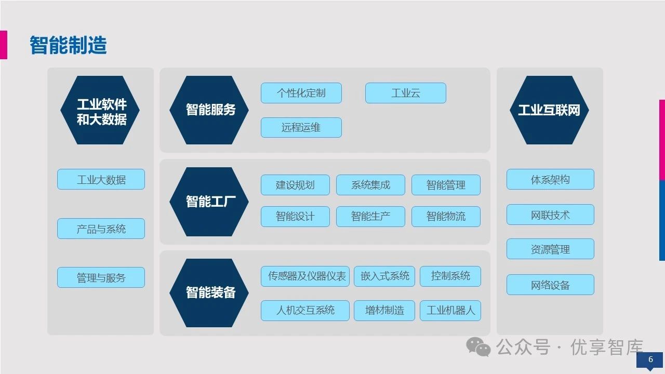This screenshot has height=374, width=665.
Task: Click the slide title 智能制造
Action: [x=68, y=45]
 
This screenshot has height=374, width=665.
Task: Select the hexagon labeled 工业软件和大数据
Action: [x=101, y=111]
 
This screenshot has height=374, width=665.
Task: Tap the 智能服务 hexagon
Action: [x=210, y=110]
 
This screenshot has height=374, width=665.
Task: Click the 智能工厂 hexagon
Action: [x=210, y=201]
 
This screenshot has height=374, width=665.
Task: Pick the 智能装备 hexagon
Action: [x=210, y=292]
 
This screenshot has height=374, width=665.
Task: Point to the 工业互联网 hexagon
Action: [x=549, y=110]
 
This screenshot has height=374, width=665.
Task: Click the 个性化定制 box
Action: [x=301, y=93]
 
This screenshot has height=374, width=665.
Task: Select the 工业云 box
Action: [x=405, y=93]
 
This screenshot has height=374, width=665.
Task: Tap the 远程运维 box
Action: [x=301, y=127]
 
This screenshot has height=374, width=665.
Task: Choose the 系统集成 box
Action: [x=370, y=185]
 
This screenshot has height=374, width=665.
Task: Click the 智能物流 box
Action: [x=446, y=217]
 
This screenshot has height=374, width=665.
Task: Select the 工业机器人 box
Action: [x=450, y=311]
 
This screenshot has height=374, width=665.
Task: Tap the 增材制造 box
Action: [x=384, y=311]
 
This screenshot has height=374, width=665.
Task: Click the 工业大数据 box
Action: [x=101, y=180]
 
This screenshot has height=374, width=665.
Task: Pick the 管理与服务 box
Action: [x=101, y=278]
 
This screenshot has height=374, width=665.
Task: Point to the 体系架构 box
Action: [x=550, y=180]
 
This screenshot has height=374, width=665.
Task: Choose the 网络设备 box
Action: [x=550, y=285]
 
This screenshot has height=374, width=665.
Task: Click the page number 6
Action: [x=650, y=359]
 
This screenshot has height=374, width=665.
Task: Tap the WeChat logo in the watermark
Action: [x=478, y=346]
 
